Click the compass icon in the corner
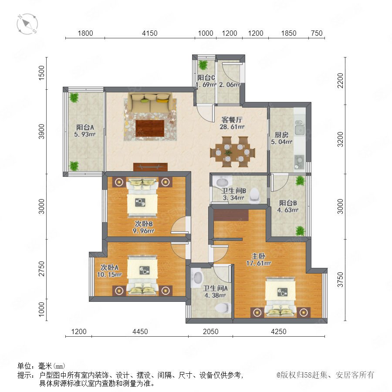click(27, 24)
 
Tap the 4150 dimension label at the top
click(149, 33)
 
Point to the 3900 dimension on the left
click(41, 131)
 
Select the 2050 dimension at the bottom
click(210, 331)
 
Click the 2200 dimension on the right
click(340, 81)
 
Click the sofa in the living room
click(150, 103)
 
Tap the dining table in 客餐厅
click(233, 152)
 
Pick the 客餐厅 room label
click(232, 120)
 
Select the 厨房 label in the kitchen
click(281, 135)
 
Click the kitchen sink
click(299, 130)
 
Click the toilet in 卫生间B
click(254, 195)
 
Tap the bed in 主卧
click(280, 297)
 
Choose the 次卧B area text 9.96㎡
click(143, 230)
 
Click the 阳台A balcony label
click(85, 127)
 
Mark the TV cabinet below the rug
click(150, 167)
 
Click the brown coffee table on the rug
click(150, 128)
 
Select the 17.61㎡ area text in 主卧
click(258, 263)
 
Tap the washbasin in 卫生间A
click(197, 278)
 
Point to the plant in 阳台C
click(203, 65)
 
